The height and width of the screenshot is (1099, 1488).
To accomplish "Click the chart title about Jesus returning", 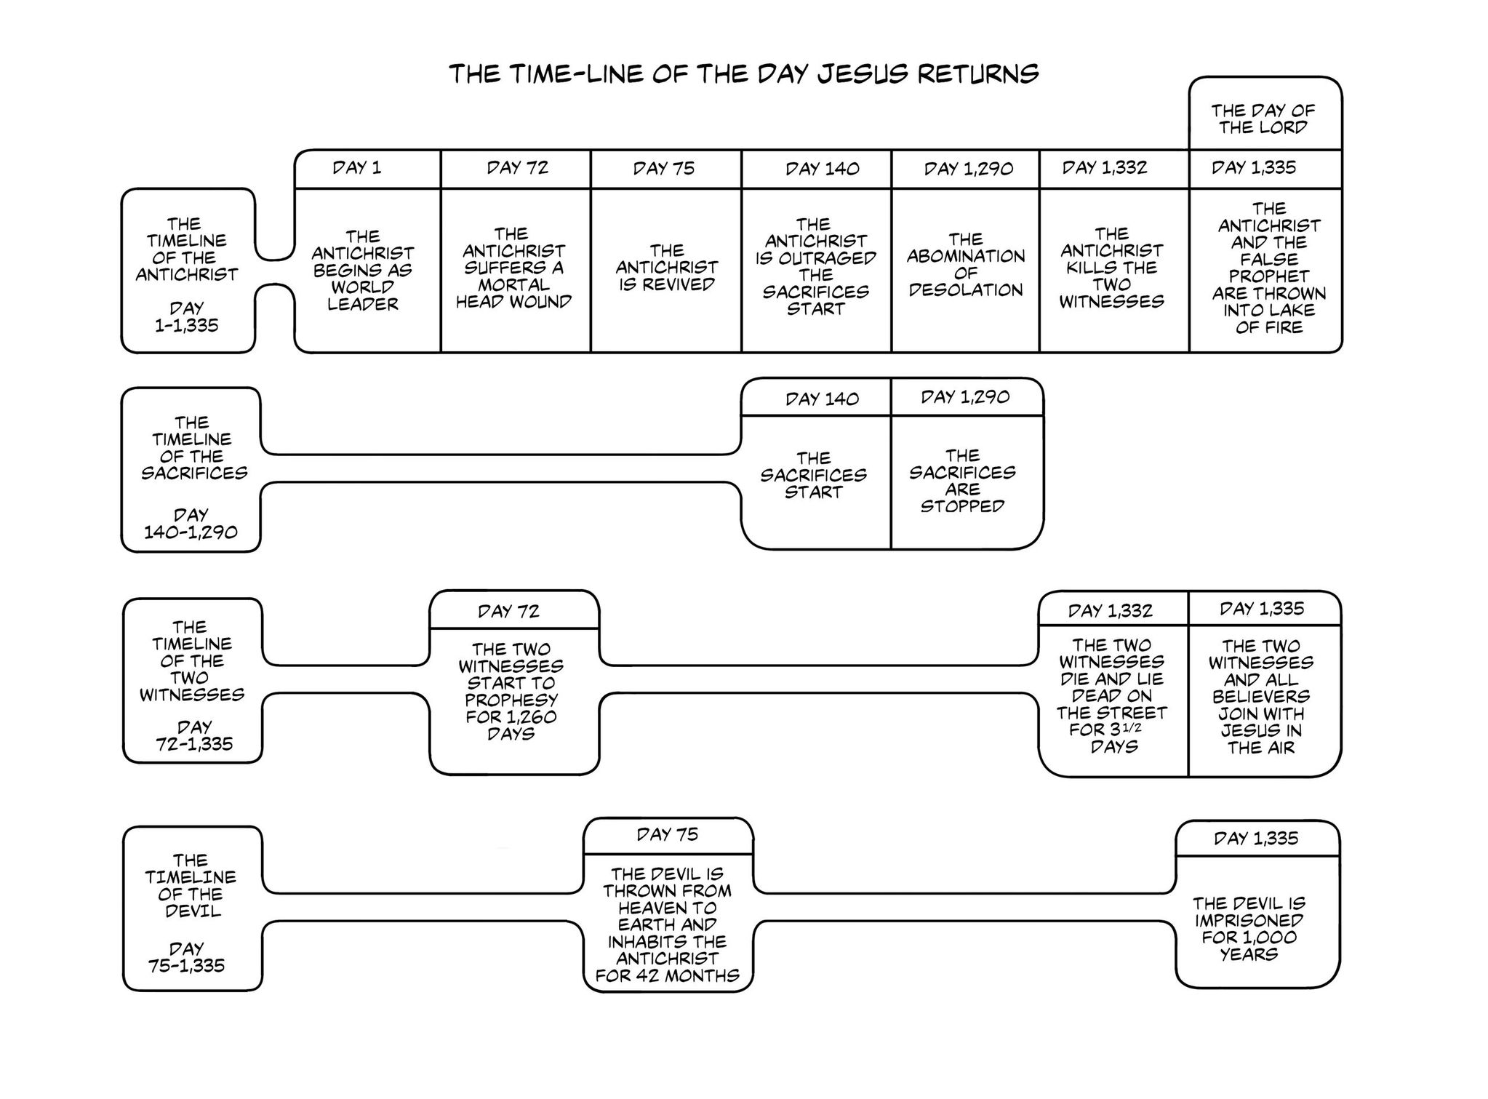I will click(x=743, y=74).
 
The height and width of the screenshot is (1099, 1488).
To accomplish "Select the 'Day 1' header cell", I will click(x=357, y=168).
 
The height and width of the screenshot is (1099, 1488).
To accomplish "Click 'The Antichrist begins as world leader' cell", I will click(x=363, y=271).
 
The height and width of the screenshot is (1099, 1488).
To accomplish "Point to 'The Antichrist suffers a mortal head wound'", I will click(x=513, y=268).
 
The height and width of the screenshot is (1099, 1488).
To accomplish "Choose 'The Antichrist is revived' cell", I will click(x=666, y=268).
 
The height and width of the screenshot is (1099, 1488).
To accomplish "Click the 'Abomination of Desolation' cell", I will click(x=965, y=265).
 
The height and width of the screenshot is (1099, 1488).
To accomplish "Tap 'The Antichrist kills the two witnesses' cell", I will click(x=1111, y=268).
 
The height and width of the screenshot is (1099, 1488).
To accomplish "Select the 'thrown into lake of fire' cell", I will click(x=1268, y=268).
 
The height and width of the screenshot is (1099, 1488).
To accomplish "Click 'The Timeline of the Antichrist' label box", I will click(x=187, y=273).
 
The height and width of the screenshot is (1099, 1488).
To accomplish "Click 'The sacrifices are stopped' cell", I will click(x=962, y=481).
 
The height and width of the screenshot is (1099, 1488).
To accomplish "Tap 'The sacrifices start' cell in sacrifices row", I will click(x=813, y=476).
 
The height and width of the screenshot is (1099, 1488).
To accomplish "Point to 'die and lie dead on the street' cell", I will click(x=1111, y=695).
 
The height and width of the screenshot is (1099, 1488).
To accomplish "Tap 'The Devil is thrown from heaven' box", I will click(x=667, y=924).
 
